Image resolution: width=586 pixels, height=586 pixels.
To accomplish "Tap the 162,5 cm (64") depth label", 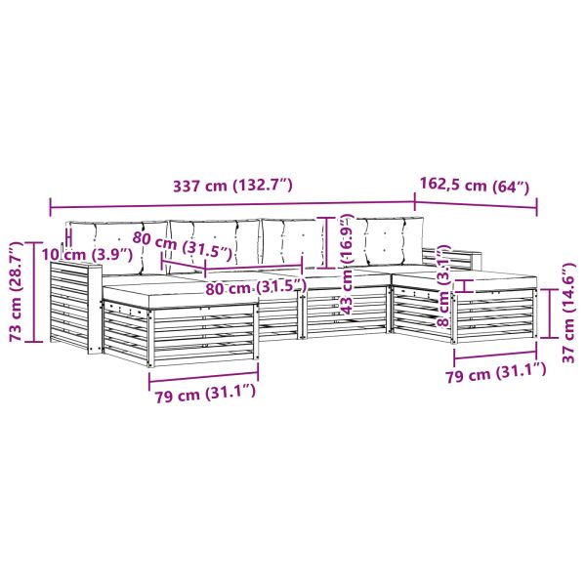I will click(x=476, y=183).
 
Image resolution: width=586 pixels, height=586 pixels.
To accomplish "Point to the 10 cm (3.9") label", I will click(x=87, y=255).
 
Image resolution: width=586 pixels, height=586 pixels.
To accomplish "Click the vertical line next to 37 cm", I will click(x=550, y=311).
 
